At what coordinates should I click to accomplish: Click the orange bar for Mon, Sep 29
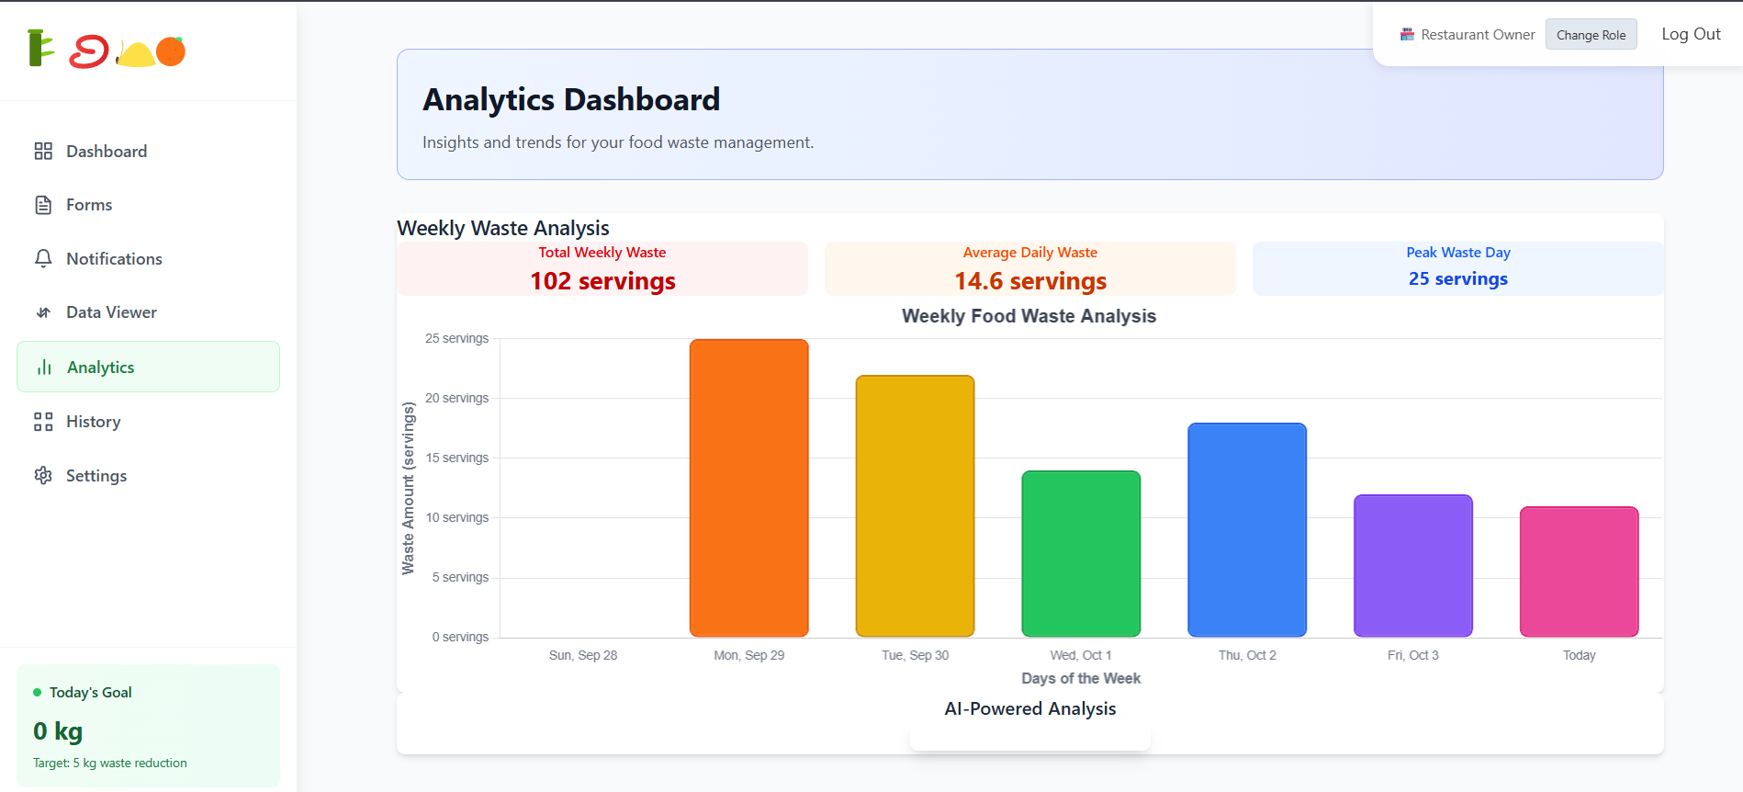click(748, 488)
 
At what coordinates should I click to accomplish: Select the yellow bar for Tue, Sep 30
click(915, 505)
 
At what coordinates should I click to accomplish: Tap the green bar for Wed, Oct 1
click(1081, 553)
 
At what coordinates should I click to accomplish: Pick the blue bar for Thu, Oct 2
click(1246, 529)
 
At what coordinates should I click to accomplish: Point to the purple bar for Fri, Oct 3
click(1412, 565)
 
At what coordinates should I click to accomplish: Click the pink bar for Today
click(1579, 571)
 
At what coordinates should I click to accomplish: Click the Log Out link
click(1691, 34)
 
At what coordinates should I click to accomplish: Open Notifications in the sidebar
click(114, 259)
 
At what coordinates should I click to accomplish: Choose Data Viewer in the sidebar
click(111, 312)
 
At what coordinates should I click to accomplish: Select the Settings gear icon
click(43, 476)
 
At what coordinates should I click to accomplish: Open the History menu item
click(93, 422)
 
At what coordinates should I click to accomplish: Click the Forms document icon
click(43, 205)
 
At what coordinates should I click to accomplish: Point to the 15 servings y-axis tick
click(457, 458)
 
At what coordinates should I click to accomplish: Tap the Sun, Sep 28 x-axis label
click(582, 655)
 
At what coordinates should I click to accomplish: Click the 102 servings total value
click(602, 281)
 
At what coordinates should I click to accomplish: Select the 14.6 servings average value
click(1030, 281)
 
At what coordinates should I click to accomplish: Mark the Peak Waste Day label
click(1457, 253)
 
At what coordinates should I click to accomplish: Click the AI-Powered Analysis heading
click(1029, 708)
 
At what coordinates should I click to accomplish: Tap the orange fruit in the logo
click(171, 51)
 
